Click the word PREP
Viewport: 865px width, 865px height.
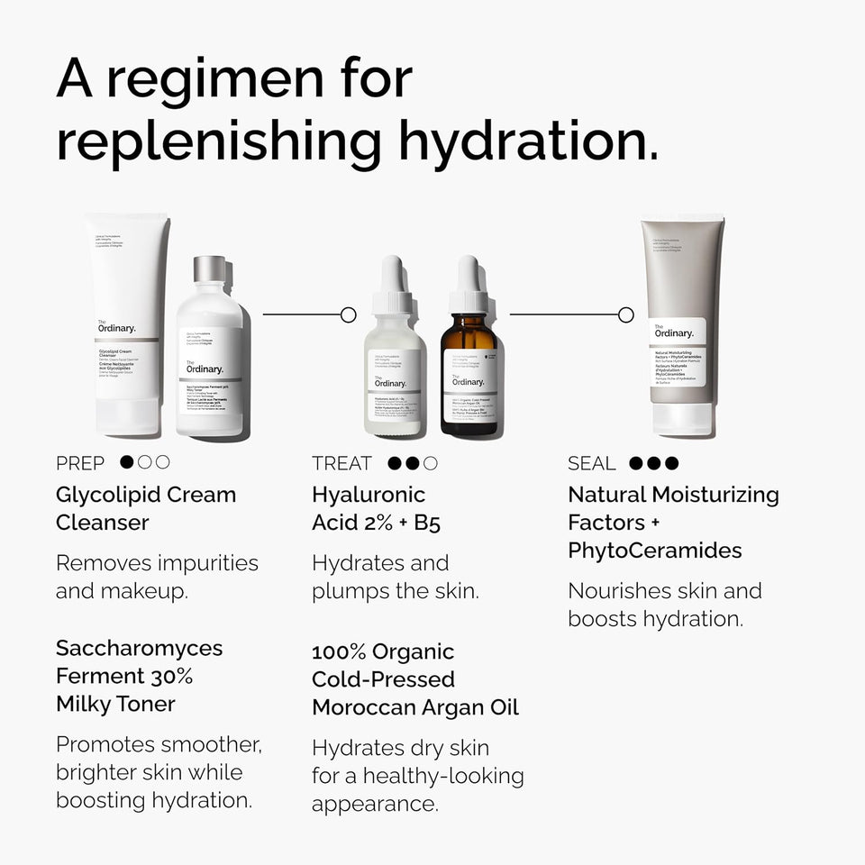(80, 463)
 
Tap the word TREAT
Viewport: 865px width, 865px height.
(341, 463)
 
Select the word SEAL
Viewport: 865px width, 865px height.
(591, 463)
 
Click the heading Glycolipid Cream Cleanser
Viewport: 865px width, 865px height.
(146, 508)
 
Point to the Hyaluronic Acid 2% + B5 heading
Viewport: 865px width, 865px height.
(377, 508)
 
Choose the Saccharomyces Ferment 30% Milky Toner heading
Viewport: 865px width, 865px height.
(139, 676)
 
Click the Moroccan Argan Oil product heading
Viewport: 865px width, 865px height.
(415, 679)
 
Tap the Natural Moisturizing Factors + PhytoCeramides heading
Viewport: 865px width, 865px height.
(673, 522)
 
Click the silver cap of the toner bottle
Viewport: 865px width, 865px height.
(210, 269)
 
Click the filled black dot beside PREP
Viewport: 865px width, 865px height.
(127, 463)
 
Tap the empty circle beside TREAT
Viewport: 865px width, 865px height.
(431, 463)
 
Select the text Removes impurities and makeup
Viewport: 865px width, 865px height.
(157, 577)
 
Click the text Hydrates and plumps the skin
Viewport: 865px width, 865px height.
(395, 577)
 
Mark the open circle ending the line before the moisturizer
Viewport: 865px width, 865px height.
(626, 314)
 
